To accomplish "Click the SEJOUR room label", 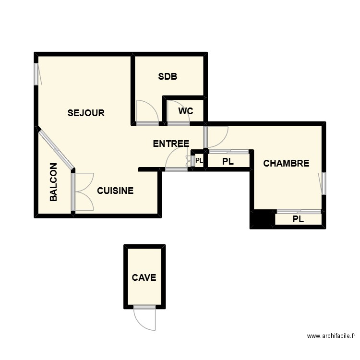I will (86, 113).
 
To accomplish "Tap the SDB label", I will (168, 76).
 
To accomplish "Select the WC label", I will (186, 111).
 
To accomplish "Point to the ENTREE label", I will (171, 144).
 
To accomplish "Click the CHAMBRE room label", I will (286, 164).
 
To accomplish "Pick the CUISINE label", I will (115, 191).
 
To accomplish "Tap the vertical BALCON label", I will (54, 182).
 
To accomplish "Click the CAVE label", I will (144, 277).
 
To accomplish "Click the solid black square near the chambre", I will (262, 219).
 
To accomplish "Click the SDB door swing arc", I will (147, 111).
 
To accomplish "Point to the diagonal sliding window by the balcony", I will (55, 148).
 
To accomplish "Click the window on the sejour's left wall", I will (36, 74).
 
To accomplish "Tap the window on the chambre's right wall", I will (324, 183).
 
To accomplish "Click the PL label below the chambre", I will (298, 219).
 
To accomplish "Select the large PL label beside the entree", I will (228, 162).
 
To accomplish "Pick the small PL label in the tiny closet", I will (199, 161).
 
